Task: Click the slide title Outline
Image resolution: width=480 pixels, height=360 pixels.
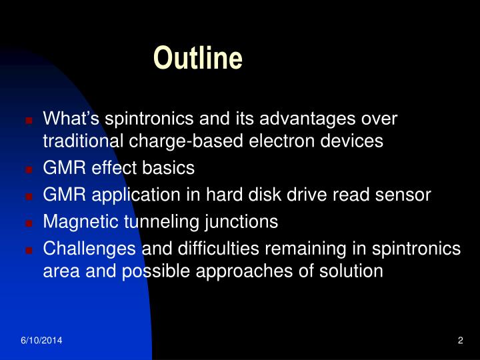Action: (197, 59)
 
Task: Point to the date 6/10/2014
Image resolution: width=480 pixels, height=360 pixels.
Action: (41, 341)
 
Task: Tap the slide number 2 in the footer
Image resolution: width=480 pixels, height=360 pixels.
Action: (460, 341)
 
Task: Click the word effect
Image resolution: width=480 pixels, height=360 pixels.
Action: (115, 168)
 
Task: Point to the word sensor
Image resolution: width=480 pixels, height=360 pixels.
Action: (406, 195)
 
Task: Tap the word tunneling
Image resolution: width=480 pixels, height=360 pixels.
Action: (160, 221)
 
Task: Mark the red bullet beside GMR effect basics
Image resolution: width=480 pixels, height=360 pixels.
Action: (29, 169)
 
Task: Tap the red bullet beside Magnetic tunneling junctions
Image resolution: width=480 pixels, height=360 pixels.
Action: (29, 223)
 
